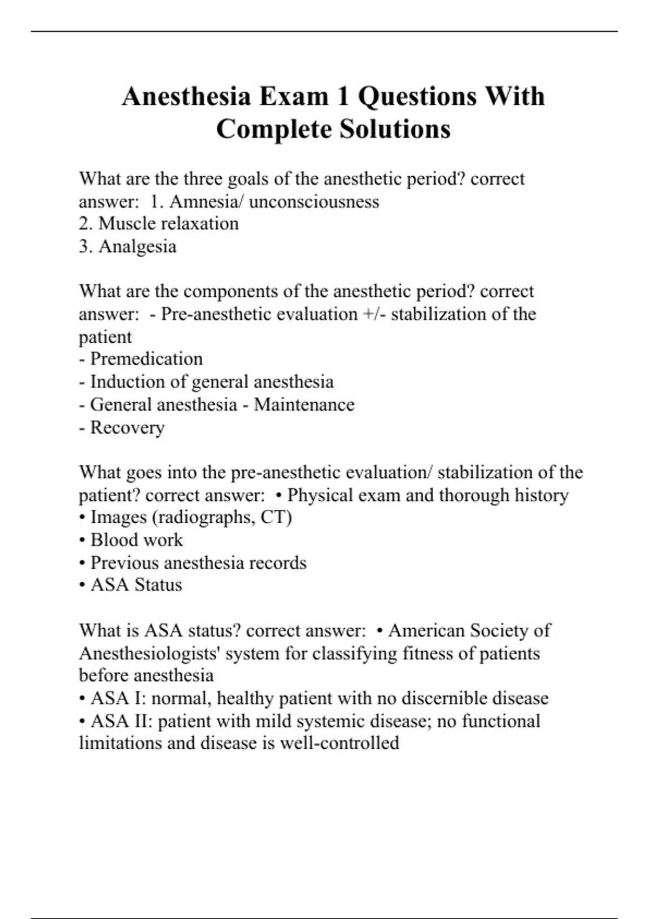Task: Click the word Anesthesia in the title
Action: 186,97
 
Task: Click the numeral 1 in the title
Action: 343,97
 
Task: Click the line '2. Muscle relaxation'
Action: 158,224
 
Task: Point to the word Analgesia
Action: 137,247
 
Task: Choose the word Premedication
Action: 146,359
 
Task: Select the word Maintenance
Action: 304,404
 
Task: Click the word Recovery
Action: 127,427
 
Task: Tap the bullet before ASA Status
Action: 82,585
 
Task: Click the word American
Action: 426,631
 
